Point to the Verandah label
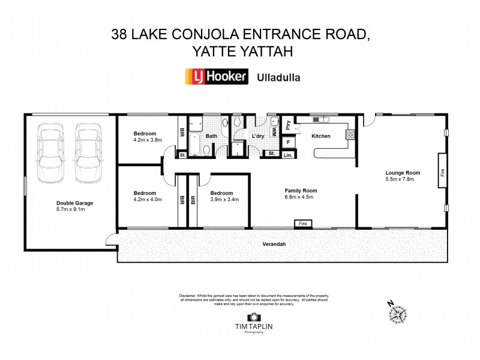[x=272, y=245]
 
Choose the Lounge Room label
[x=403, y=173]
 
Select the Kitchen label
[x=321, y=136]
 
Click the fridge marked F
[x=289, y=142]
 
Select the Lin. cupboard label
[x=288, y=155]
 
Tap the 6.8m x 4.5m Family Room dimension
[x=301, y=197]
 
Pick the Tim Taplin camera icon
[x=254, y=317]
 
